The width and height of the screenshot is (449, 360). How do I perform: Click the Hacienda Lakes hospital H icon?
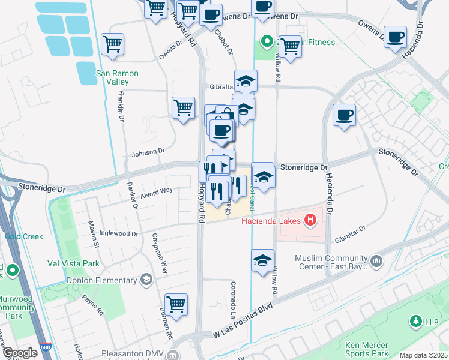click(310, 221)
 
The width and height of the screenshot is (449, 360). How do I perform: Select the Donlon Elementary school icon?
click(145, 280)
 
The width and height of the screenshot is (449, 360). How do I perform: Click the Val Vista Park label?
click(73, 263)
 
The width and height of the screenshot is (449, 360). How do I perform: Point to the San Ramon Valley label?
click(118, 77)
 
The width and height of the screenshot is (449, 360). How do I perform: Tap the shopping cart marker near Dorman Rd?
click(176, 304)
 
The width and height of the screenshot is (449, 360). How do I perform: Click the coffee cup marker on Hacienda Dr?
click(345, 114)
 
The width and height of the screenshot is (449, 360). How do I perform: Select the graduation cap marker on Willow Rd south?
click(262, 260)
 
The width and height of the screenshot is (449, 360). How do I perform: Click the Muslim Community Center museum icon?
click(376, 260)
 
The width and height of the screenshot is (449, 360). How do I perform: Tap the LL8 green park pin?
click(416, 322)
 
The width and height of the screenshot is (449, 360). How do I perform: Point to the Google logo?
click(20, 353)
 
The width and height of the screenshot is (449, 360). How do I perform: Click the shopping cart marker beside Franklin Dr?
click(112, 43)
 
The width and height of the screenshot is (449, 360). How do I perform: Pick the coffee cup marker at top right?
click(395, 37)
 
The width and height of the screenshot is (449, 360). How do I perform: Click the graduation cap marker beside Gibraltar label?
click(246, 80)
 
